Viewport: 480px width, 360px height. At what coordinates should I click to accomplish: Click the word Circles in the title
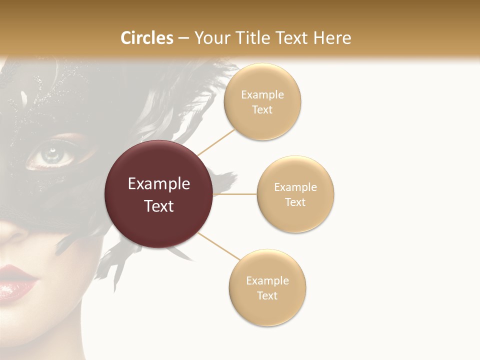point(147,38)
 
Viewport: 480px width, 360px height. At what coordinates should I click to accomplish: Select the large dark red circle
point(158,194)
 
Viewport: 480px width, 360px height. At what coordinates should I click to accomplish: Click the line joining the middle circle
point(234,194)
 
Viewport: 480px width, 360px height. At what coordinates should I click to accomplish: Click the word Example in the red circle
point(158,183)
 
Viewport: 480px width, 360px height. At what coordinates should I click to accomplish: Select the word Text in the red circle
point(158,205)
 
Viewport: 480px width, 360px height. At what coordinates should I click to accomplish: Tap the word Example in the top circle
point(262,94)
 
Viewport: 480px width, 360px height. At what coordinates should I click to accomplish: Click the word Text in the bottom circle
point(267,295)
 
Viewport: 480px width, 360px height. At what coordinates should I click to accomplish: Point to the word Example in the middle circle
point(295,187)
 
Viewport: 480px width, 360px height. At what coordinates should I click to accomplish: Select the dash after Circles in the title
point(183,38)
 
